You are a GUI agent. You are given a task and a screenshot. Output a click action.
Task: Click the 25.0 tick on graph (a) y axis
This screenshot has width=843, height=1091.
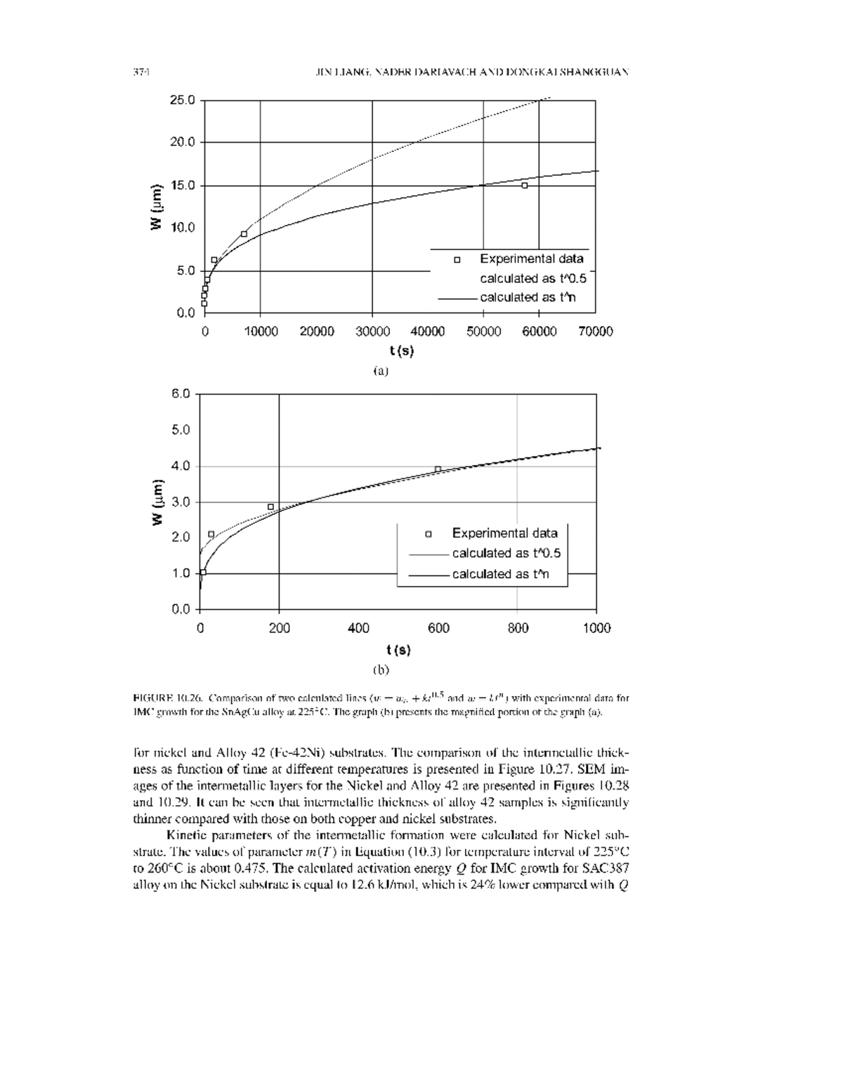pyautogui.click(x=182, y=100)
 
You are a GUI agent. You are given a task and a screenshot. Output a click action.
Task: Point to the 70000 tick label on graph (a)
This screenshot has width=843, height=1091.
pyautogui.click(x=595, y=332)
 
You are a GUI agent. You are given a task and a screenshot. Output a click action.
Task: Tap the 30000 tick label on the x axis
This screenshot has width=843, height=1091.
pyautogui.click(x=372, y=332)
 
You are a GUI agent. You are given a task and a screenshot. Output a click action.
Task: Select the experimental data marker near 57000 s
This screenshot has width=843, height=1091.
pyautogui.click(x=524, y=185)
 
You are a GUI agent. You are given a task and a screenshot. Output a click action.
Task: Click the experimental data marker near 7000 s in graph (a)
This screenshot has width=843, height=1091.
pyautogui.click(x=244, y=234)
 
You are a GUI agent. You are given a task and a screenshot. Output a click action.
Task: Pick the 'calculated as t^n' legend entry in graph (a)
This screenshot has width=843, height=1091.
pyautogui.click(x=527, y=297)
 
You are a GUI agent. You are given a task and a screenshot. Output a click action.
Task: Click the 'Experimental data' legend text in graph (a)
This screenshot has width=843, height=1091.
pyautogui.click(x=531, y=259)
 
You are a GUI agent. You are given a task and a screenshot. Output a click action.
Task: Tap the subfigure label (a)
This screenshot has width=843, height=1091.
pyautogui.click(x=380, y=370)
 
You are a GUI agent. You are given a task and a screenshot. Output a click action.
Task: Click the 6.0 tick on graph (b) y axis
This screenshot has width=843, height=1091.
pyautogui.click(x=181, y=393)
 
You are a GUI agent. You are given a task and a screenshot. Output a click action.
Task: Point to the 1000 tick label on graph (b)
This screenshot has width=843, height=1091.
pyautogui.click(x=596, y=628)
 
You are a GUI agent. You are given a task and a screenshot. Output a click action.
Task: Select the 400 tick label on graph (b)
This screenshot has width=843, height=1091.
pyautogui.click(x=358, y=628)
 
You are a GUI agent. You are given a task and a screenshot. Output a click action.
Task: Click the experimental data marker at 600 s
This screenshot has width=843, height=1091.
pyautogui.click(x=438, y=469)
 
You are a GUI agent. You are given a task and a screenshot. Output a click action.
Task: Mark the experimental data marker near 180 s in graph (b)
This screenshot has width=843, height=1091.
pyautogui.click(x=270, y=507)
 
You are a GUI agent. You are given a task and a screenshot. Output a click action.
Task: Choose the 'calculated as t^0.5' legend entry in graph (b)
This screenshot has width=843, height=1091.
pyautogui.click(x=506, y=553)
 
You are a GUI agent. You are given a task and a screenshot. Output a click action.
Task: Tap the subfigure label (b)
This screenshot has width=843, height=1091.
pyautogui.click(x=380, y=669)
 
